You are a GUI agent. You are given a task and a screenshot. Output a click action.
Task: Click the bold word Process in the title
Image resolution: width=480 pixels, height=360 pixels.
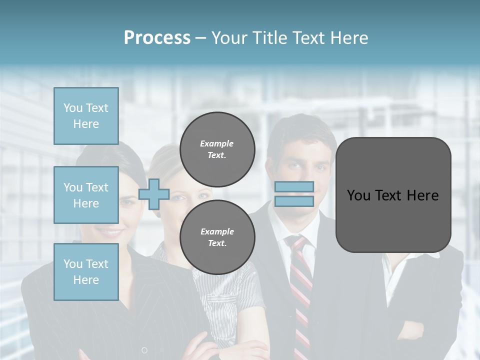(157, 37)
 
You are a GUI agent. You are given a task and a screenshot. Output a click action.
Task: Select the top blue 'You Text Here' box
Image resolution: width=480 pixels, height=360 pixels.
(86, 116)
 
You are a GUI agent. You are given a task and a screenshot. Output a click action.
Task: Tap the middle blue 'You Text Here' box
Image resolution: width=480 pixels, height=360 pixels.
(86, 195)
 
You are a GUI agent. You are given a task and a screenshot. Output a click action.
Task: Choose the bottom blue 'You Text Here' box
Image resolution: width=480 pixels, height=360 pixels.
(86, 272)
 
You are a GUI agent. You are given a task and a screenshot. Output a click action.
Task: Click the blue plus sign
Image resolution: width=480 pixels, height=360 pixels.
(154, 194)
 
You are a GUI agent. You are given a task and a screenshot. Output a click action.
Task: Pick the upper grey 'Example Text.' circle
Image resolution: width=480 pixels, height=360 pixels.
(217, 149)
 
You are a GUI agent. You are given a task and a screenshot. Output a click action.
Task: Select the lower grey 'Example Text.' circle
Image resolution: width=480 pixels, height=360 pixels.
(217, 237)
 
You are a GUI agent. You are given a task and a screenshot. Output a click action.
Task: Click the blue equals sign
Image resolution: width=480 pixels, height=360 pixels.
(294, 194)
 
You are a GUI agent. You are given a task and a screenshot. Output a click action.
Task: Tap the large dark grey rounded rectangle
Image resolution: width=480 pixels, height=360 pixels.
(393, 195)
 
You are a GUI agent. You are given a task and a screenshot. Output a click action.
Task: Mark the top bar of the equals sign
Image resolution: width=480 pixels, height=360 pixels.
(294, 186)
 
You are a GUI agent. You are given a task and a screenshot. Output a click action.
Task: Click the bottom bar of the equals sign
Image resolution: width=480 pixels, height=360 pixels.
(294, 201)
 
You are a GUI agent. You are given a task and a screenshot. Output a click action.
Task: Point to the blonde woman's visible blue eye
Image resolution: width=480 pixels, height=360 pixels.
(201, 195)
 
